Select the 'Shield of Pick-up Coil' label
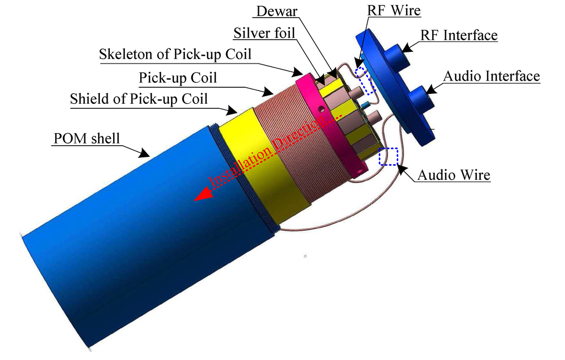tap(139, 99)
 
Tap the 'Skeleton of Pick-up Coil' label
tap(175, 55)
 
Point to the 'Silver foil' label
tap(264, 33)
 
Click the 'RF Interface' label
tap(459, 36)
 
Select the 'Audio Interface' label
tap(491, 76)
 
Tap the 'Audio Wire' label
tap(454, 175)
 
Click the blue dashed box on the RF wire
tap(365, 82)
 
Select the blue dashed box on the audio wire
tap(388, 156)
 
